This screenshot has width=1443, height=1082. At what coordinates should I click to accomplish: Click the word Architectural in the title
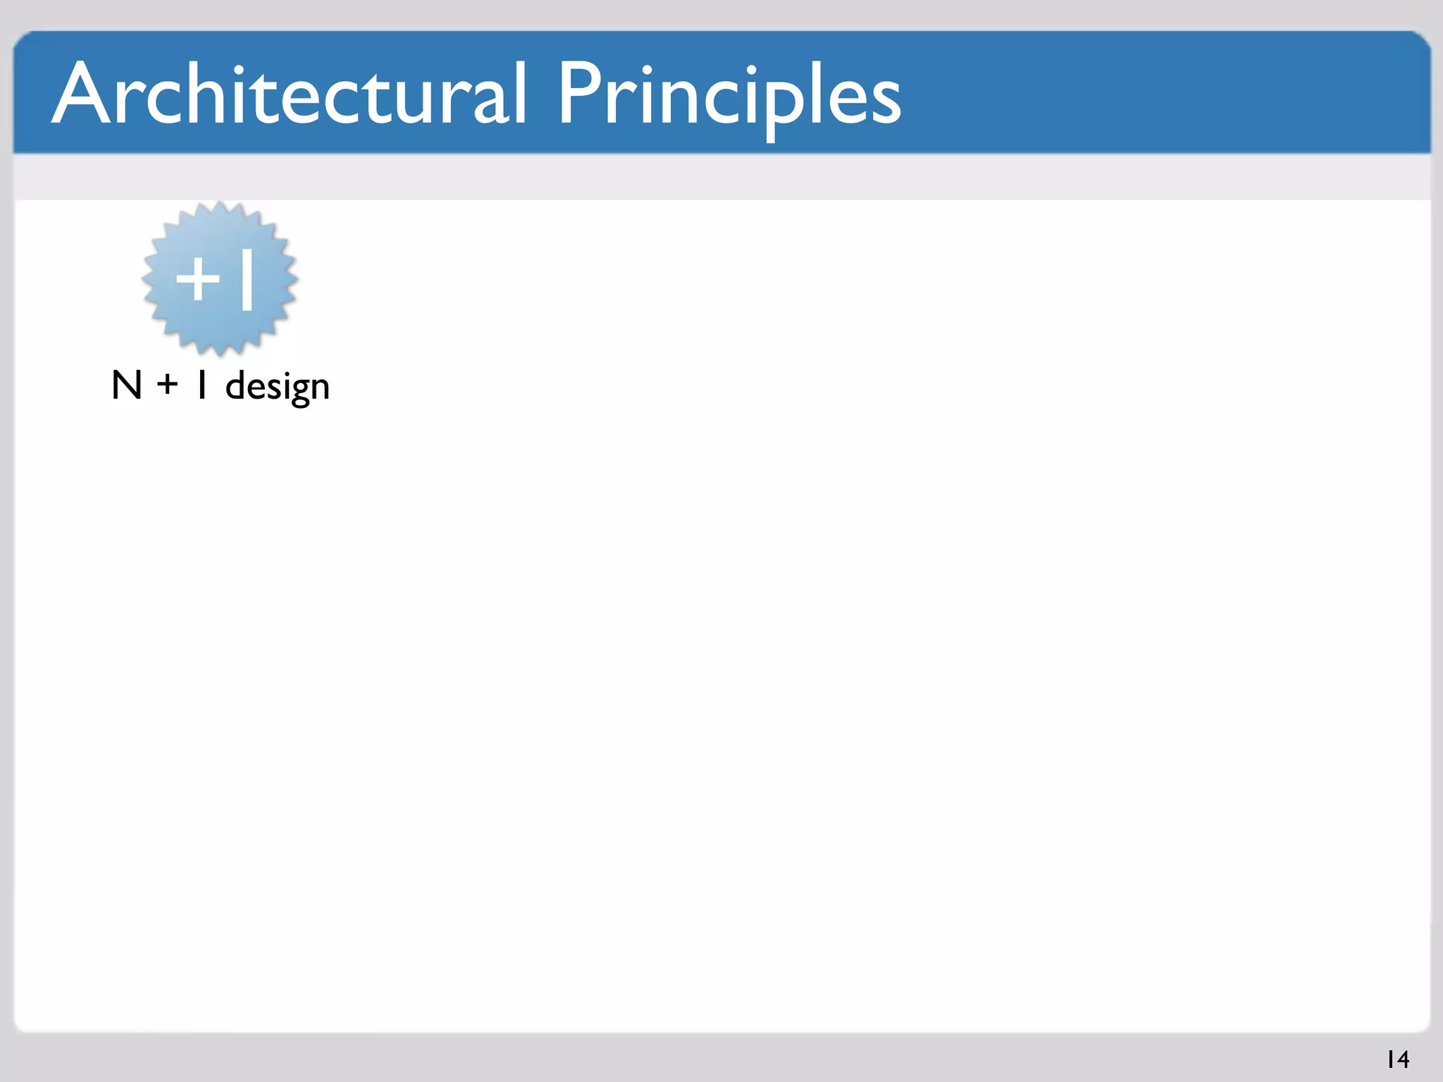point(289,94)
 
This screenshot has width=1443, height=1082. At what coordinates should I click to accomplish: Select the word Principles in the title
point(729,96)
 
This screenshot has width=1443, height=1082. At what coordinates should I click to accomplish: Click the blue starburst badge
point(219,279)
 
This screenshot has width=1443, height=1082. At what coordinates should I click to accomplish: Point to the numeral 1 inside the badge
point(247,280)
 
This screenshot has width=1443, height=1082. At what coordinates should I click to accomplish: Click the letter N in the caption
point(127,386)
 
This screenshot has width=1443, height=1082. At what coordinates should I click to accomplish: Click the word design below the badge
point(277,387)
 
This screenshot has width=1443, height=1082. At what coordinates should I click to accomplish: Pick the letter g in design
point(299,391)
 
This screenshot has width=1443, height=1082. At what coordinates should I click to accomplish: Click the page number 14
point(1398,1059)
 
